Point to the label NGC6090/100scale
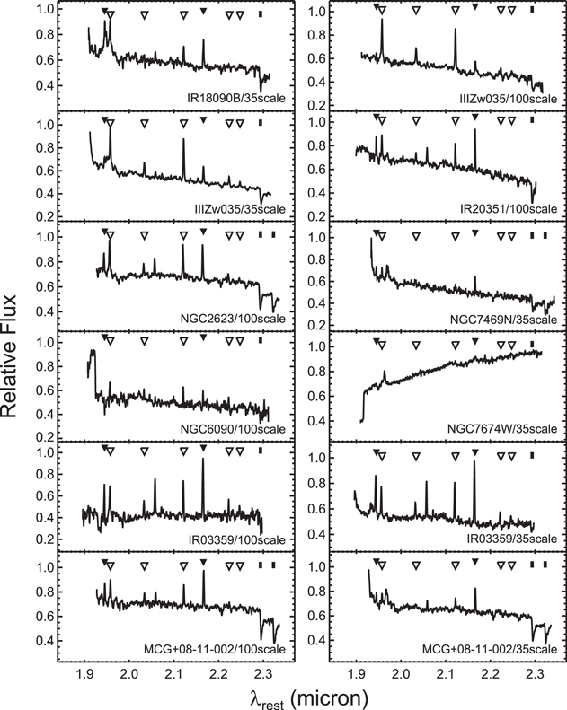(x=234, y=429)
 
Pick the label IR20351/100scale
(x=509, y=207)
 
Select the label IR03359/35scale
(x=509, y=539)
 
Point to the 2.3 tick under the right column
(x=535, y=671)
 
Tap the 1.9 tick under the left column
(x=84, y=671)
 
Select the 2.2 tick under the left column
(x=218, y=671)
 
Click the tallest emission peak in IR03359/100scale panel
(x=203, y=460)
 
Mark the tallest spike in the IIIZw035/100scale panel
(x=383, y=22)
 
